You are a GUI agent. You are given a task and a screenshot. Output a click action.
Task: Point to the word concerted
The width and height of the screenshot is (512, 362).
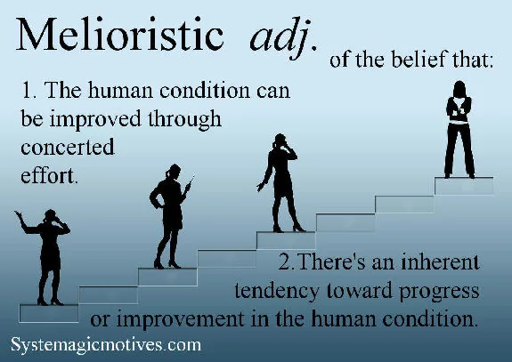pyautogui.click(x=68, y=147)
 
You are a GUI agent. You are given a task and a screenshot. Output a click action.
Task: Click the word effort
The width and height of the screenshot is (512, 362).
pyautogui.click(x=50, y=174)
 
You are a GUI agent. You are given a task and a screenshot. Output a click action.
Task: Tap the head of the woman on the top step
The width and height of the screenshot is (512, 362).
pyautogui.click(x=462, y=89)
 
